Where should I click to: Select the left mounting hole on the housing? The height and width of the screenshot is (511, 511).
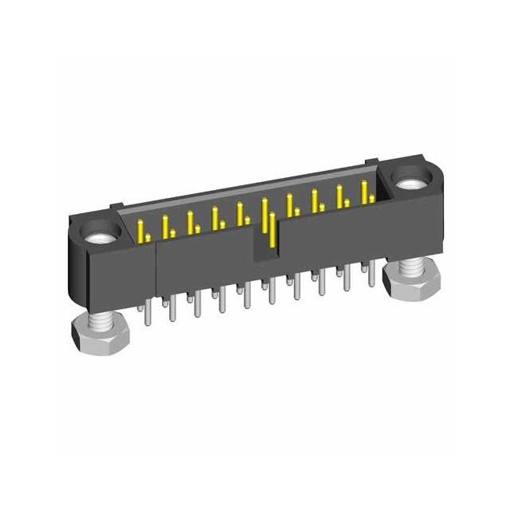pos(102,236)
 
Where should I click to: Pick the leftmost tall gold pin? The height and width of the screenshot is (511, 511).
pos(141,229)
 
